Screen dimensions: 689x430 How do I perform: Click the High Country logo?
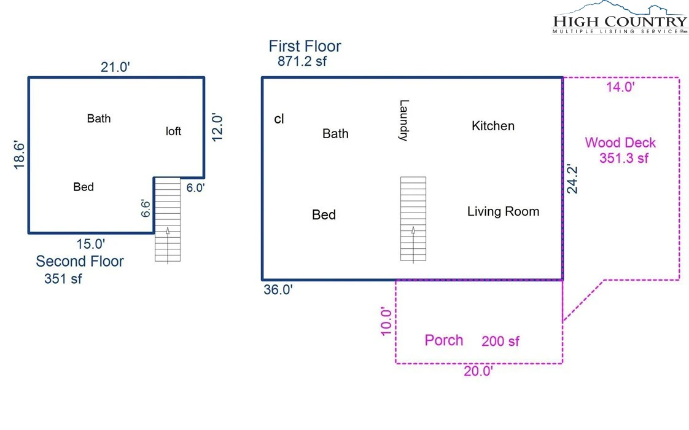pos(620,18)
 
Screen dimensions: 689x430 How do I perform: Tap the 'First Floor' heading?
pos(305,46)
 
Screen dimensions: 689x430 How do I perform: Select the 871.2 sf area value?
pos(302,61)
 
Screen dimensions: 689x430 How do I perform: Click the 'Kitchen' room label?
pos(493,126)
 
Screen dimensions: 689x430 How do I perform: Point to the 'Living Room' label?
pos(503,211)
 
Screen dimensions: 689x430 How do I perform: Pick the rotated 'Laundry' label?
pos(404,120)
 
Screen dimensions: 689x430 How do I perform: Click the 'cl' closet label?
pos(279,119)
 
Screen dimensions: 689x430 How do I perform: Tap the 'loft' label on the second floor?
pos(174,131)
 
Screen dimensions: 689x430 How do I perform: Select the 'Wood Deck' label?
pos(620,143)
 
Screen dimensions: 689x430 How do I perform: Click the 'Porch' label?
pos(444,340)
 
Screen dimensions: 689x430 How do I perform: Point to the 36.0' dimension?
pos(278,290)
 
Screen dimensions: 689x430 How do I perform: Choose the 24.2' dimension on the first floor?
pos(572,179)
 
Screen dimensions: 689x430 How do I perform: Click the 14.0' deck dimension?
pos(620,87)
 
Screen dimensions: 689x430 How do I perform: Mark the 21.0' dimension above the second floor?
pos(115,68)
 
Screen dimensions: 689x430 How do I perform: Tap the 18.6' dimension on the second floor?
pos(19,155)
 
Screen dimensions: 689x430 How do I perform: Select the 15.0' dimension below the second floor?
pos(91,244)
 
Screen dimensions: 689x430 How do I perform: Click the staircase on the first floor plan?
pos(413,219)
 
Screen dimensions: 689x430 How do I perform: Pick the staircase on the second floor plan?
pos(168,219)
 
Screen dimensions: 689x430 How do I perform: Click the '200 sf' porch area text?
pos(500,341)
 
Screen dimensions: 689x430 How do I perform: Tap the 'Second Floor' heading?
pos(80,261)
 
